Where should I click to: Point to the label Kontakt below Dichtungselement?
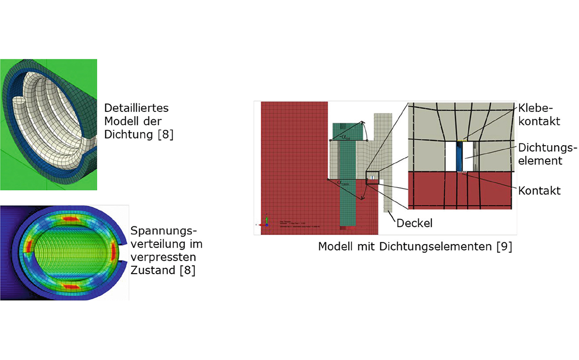pyautogui.click(x=539, y=191)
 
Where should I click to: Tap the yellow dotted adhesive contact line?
pyautogui.click(x=462, y=140)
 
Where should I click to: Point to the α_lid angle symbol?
pyautogui.click(x=345, y=137)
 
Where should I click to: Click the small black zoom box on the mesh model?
pyautogui.click(x=372, y=178)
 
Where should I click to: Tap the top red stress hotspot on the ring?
pyautogui.click(x=69, y=219)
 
